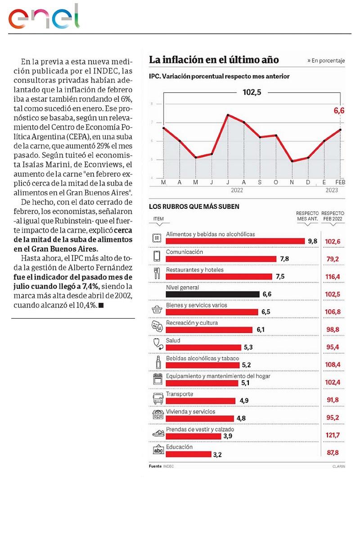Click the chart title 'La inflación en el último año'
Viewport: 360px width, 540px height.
point(214,60)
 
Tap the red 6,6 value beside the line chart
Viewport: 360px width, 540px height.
point(339,111)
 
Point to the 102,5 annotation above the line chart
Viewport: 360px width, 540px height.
point(252,92)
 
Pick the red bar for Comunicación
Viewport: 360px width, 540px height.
point(221,259)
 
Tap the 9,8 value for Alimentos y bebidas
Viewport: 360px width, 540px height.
point(312,241)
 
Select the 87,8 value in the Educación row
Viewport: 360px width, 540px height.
point(333,454)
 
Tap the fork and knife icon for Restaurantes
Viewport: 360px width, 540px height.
point(157,273)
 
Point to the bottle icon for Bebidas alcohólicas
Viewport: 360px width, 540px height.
point(157,362)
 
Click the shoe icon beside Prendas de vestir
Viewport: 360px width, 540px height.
point(157,433)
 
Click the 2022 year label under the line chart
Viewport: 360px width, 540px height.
point(237,190)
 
